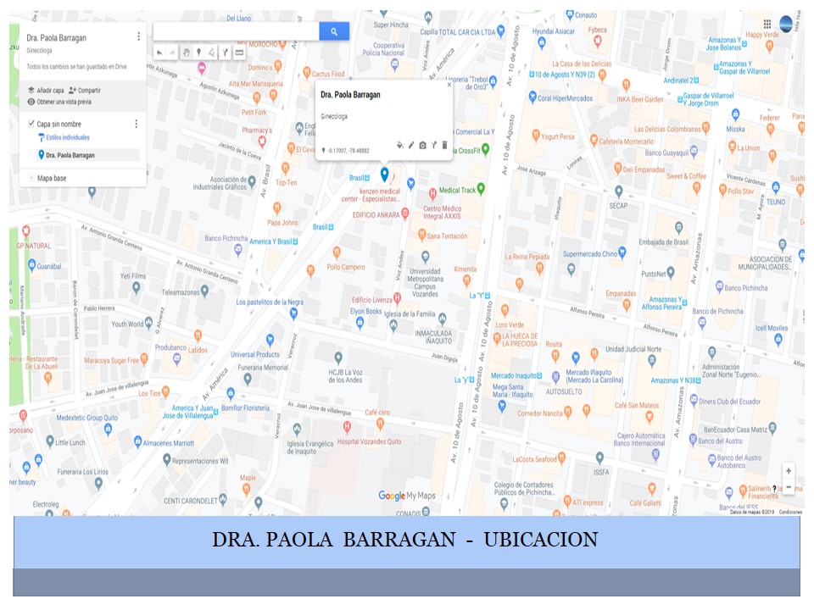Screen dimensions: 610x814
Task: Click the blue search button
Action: click(x=334, y=31)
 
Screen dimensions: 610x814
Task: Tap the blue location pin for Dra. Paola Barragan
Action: click(x=384, y=174)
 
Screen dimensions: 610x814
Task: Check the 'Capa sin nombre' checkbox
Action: click(x=31, y=124)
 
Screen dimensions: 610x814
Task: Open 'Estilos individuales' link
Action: click(x=69, y=136)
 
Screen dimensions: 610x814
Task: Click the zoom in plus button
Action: click(x=789, y=470)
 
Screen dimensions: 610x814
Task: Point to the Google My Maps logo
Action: click(x=406, y=496)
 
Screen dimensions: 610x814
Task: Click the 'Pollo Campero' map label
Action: click(x=346, y=267)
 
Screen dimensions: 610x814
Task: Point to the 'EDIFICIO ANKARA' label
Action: click(x=376, y=214)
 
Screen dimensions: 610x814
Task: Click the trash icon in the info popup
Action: click(x=444, y=145)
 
